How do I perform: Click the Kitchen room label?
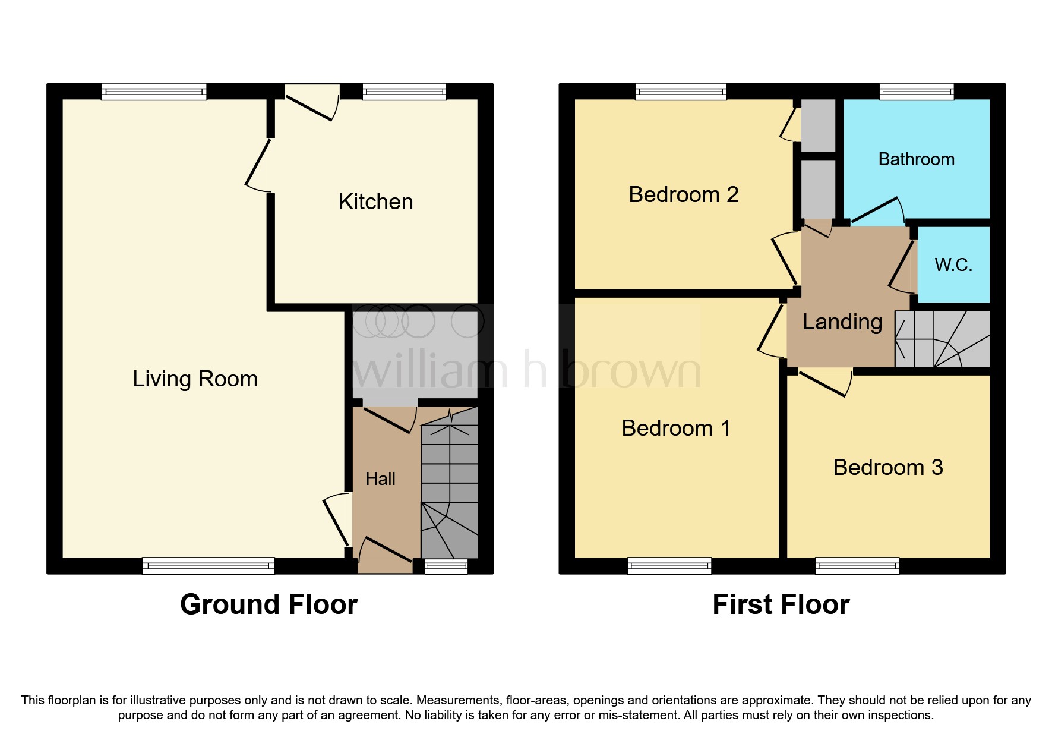[375, 202]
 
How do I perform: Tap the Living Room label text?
[195, 379]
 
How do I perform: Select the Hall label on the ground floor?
[380, 478]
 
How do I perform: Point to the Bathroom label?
[916, 159]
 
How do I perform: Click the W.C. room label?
[953, 264]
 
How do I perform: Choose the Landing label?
[842, 322]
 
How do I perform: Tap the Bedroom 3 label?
[887, 467]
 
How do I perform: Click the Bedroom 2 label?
[683, 194]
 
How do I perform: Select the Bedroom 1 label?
[676, 428]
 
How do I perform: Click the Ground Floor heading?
[268, 604]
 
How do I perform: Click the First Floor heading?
[781, 604]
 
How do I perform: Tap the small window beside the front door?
[446, 566]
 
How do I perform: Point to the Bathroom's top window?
[917, 91]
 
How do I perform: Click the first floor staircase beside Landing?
[942, 339]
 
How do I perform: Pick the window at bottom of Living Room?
[208, 565]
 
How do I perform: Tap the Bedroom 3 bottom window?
[857, 565]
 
